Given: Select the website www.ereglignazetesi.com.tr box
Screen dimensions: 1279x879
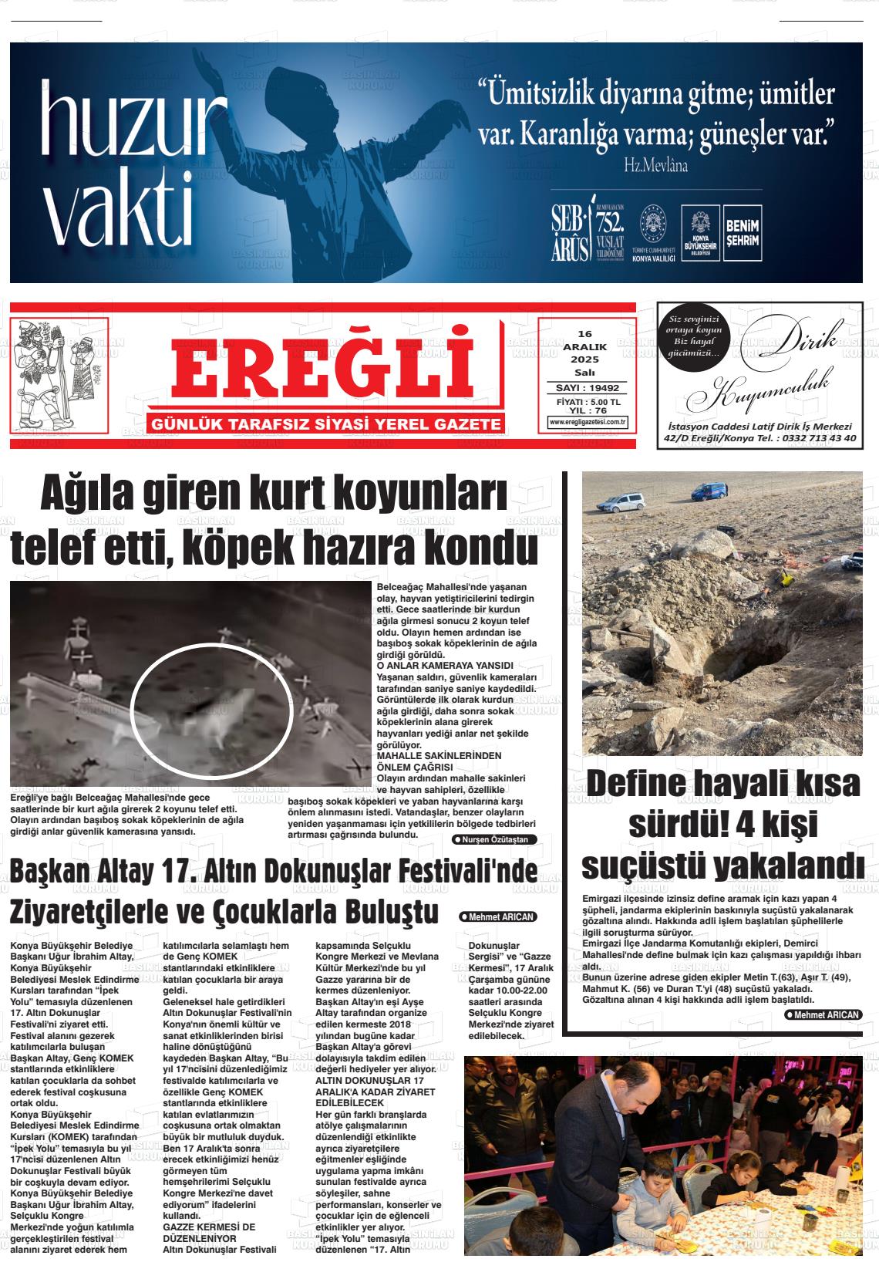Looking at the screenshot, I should click(x=588, y=422).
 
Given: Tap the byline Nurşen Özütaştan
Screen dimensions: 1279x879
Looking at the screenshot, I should click(x=493, y=839).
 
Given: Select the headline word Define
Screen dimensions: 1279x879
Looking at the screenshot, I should click(x=654, y=785).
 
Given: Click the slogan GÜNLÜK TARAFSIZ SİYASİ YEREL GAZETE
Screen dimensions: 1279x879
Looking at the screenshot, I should click(x=328, y=424).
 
